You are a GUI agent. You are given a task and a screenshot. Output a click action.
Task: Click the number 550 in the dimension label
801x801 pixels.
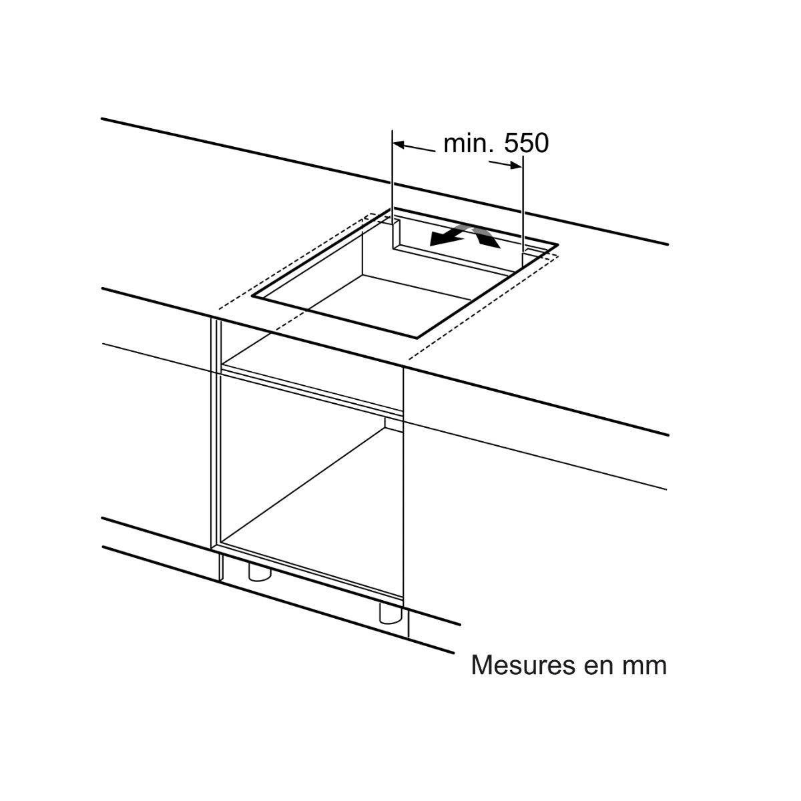pyautogui.click(x=526, y=144)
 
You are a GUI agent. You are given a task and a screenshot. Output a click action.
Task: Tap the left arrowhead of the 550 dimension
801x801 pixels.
pyautogui.click(x=398, y=145)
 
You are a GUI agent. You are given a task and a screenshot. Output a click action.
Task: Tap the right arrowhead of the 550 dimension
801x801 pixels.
pyautogui.click(x=516, y=166)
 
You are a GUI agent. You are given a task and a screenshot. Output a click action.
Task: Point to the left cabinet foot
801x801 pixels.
pyautogui.click(x=260, y=571)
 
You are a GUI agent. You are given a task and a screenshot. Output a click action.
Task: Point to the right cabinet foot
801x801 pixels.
pyautogui.click(x=391, y=624)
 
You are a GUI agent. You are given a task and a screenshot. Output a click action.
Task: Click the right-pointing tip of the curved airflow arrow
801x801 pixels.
pyautogui.click(x=501, y=247)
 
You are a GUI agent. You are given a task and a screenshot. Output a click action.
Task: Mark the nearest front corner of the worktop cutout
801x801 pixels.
pyautogui.click(x=417, y=338)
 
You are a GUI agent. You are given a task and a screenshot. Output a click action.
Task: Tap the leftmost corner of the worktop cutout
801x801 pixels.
pyautogui.click(x=252, y=296)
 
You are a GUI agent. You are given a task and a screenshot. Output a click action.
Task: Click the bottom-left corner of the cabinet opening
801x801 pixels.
pyautogui.click(x=221, y=543)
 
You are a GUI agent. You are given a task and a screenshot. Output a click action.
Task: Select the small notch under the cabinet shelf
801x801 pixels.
pyautogui.click(x=394, y=423)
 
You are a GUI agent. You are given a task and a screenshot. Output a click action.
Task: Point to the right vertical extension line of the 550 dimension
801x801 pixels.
pyautogui.click(x=523, y=212)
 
